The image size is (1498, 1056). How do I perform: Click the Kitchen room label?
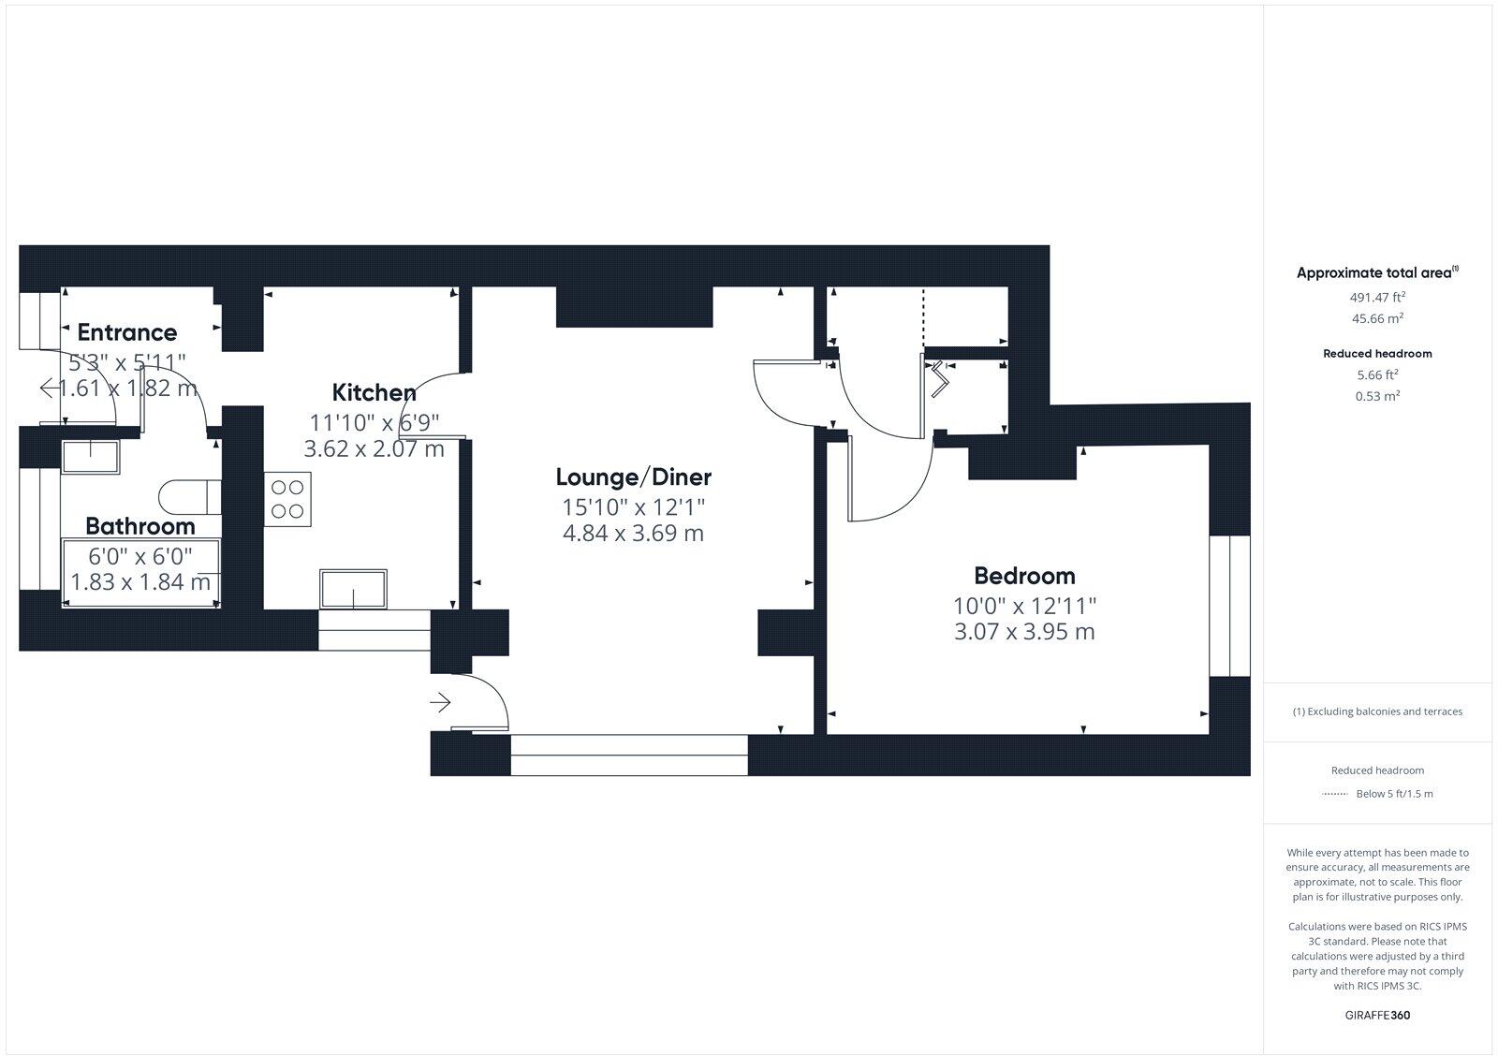coord(374,392)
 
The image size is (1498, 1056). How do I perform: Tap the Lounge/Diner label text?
coord(633,477)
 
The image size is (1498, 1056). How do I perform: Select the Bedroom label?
coord(1024,575)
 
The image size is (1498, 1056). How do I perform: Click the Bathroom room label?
coord(140,526)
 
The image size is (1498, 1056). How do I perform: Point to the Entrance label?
coord(126,332)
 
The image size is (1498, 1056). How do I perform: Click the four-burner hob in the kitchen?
coord(287,499)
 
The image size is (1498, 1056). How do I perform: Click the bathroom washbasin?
coord(90,457)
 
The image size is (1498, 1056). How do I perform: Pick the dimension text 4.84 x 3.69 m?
coord(633,534)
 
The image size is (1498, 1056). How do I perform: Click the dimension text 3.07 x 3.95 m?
coord(1024,632)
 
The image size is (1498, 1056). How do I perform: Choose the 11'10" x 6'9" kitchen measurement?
coord(374,422)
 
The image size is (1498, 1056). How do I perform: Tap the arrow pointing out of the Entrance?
coord(47,388)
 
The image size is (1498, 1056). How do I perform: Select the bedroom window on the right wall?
coord(1228,606)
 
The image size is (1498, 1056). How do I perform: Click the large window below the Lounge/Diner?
coord(629,755)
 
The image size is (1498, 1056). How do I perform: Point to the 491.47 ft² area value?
coord(1376,298)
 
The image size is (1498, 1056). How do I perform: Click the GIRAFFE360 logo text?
coord(1377,1015)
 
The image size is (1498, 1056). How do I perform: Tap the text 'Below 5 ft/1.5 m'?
coord(1394,794)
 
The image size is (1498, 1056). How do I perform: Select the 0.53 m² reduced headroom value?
coord(1377,396)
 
